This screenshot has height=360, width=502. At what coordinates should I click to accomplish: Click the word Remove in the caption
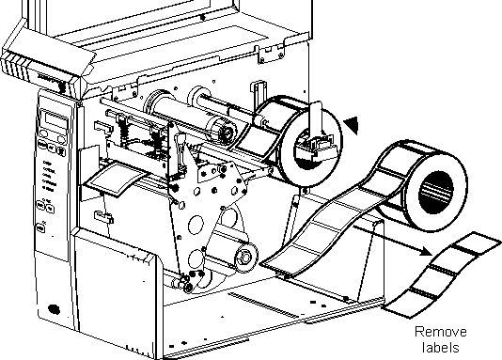[x=441, y=332]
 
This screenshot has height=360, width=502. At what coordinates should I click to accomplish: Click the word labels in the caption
[x=440, y=347]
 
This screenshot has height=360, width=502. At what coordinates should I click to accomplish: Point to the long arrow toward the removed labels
[x=393, y=240]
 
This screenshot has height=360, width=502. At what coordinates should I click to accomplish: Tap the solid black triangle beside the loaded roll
[x=352, y=125]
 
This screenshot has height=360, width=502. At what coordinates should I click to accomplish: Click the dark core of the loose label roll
[x=436, y=193]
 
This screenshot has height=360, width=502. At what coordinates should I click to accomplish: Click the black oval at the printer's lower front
[x=54, y=309]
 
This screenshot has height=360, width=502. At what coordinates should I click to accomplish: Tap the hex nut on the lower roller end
[x=245, y=258]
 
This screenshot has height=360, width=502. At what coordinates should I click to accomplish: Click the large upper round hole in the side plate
[x=196, y=225]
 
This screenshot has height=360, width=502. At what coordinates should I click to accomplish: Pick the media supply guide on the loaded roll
[x=316, y=134]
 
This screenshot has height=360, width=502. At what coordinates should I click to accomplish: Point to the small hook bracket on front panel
[x=104, y=217]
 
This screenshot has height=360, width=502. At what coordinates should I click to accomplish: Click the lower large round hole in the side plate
[x=196, y=259]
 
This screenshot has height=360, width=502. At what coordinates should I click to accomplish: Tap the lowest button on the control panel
[x=40, y=228]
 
